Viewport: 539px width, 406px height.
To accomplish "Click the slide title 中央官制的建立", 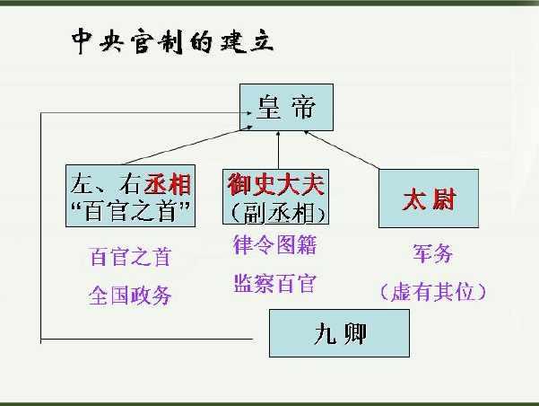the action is [x=172, y=41].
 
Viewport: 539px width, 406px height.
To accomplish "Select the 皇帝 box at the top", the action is [x=286, y=107].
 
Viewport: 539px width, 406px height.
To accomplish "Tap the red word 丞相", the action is [x=168, y=184].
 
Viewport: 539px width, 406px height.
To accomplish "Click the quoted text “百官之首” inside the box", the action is [x=130, y=210].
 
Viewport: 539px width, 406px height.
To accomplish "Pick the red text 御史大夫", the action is [x=275, y=184].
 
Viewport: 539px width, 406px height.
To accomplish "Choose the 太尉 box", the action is [x=429, y=199].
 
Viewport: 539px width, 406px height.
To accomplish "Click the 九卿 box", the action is [x=339, y=333].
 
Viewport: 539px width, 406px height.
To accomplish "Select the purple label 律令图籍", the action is [x=274, y=245].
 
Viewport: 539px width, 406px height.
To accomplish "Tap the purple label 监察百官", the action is [x=274, y=284].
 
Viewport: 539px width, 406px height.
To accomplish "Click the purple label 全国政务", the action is [x=130, y=296].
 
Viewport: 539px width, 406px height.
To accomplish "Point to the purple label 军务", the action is [x=432, y=253].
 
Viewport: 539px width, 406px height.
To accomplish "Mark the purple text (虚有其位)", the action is [x=433, y=292].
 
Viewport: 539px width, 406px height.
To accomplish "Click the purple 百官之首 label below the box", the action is [x=130, y=257].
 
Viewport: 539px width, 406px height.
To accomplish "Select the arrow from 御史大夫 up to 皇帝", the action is [x=278, y=150].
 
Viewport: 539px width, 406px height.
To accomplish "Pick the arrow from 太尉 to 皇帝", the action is [x=342, y=150].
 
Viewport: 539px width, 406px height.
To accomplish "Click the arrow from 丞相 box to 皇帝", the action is [x=188, y=145].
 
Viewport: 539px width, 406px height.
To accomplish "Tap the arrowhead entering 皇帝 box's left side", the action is [x=249, y=112].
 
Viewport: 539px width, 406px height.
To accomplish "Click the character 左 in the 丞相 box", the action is [x=83, y=184].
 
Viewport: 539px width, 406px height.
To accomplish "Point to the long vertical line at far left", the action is [x=41, y=227].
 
